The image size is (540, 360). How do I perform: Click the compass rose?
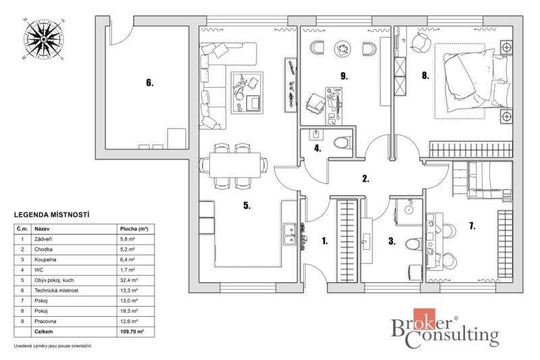click(x=44, y=39)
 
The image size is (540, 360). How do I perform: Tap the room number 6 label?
click(x=149, y=82)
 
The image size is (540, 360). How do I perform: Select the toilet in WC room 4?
click(x=343, y=142)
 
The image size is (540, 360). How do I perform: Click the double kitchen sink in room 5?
click(x=290, y=234)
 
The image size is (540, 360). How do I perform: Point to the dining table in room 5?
click(x=235, y=165)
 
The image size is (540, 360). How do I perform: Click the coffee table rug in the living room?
click(x=246, y=93)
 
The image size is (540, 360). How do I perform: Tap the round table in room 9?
click(x=342, y=49)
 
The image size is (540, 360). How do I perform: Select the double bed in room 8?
click(x=476, y=80)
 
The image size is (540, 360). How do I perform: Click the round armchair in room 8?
click(x=421, y=43)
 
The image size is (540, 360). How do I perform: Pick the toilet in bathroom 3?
click(x=414, y=244)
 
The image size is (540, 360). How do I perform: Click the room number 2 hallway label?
click(x=366, y=178)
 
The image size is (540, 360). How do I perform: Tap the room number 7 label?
click(x=472, y=226)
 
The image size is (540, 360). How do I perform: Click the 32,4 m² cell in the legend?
click(x=128, y=280)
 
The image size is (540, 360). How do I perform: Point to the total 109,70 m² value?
click(x=132, y=332)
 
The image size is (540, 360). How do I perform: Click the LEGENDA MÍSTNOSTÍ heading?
click(x=52, y=215)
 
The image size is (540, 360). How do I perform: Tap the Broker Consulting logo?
click(x=445, y=328)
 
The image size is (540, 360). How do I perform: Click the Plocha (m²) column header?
click(x=134, y=229)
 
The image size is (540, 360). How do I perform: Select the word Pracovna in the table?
click(x=45, y=321)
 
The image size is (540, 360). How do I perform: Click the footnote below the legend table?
click(x=53, y=346)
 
